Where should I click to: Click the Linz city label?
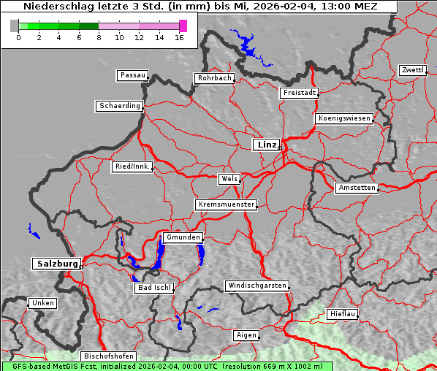(x=266, y=145)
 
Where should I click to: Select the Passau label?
(x=132, y=75)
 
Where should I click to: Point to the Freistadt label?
(x=299, y=93)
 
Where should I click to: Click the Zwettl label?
(x=412, y=70)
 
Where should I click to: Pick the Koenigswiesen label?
(x=344, y=118)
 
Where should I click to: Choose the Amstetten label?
(x=357, y=188)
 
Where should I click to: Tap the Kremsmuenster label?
(x=226, y=204)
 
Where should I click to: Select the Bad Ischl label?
(x=154, y=288)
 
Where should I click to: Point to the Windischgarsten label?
(x=256, y=286)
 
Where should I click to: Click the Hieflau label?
(x=343, y=313)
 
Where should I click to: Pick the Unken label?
(x=42, y=303)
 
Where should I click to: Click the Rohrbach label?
(x=213, y=78)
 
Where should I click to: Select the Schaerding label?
(x=119, y=106)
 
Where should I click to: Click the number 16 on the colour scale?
(x=179, y=38)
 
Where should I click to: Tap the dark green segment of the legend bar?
(x=88, y=26)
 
